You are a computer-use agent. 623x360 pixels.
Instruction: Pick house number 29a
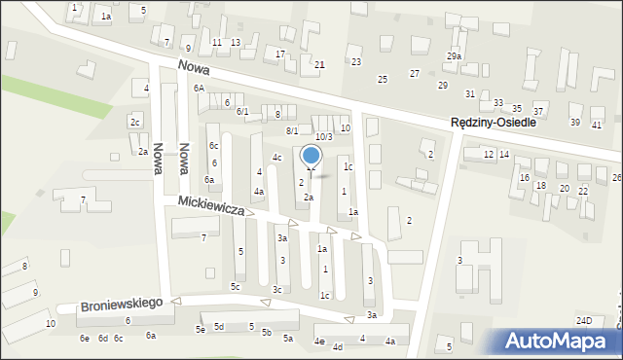(454, 56)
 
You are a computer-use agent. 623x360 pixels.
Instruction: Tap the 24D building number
(584, 320)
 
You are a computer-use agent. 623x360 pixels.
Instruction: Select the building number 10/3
(323, 136)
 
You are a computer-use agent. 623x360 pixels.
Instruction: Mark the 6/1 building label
(242, 112)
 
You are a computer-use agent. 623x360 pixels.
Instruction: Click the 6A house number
(199, 89)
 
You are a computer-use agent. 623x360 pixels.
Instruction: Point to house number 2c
(135, 122)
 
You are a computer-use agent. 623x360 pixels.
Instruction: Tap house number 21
(319, 64)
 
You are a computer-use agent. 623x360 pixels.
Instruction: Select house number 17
(280, 54)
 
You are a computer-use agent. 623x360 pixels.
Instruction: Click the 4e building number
(318, 342)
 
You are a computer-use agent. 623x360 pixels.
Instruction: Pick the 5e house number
(200, 330)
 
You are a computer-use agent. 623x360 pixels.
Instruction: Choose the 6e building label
(85, 338)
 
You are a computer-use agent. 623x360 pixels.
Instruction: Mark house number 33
(498, 103)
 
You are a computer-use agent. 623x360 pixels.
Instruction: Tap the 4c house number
(276, 158)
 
